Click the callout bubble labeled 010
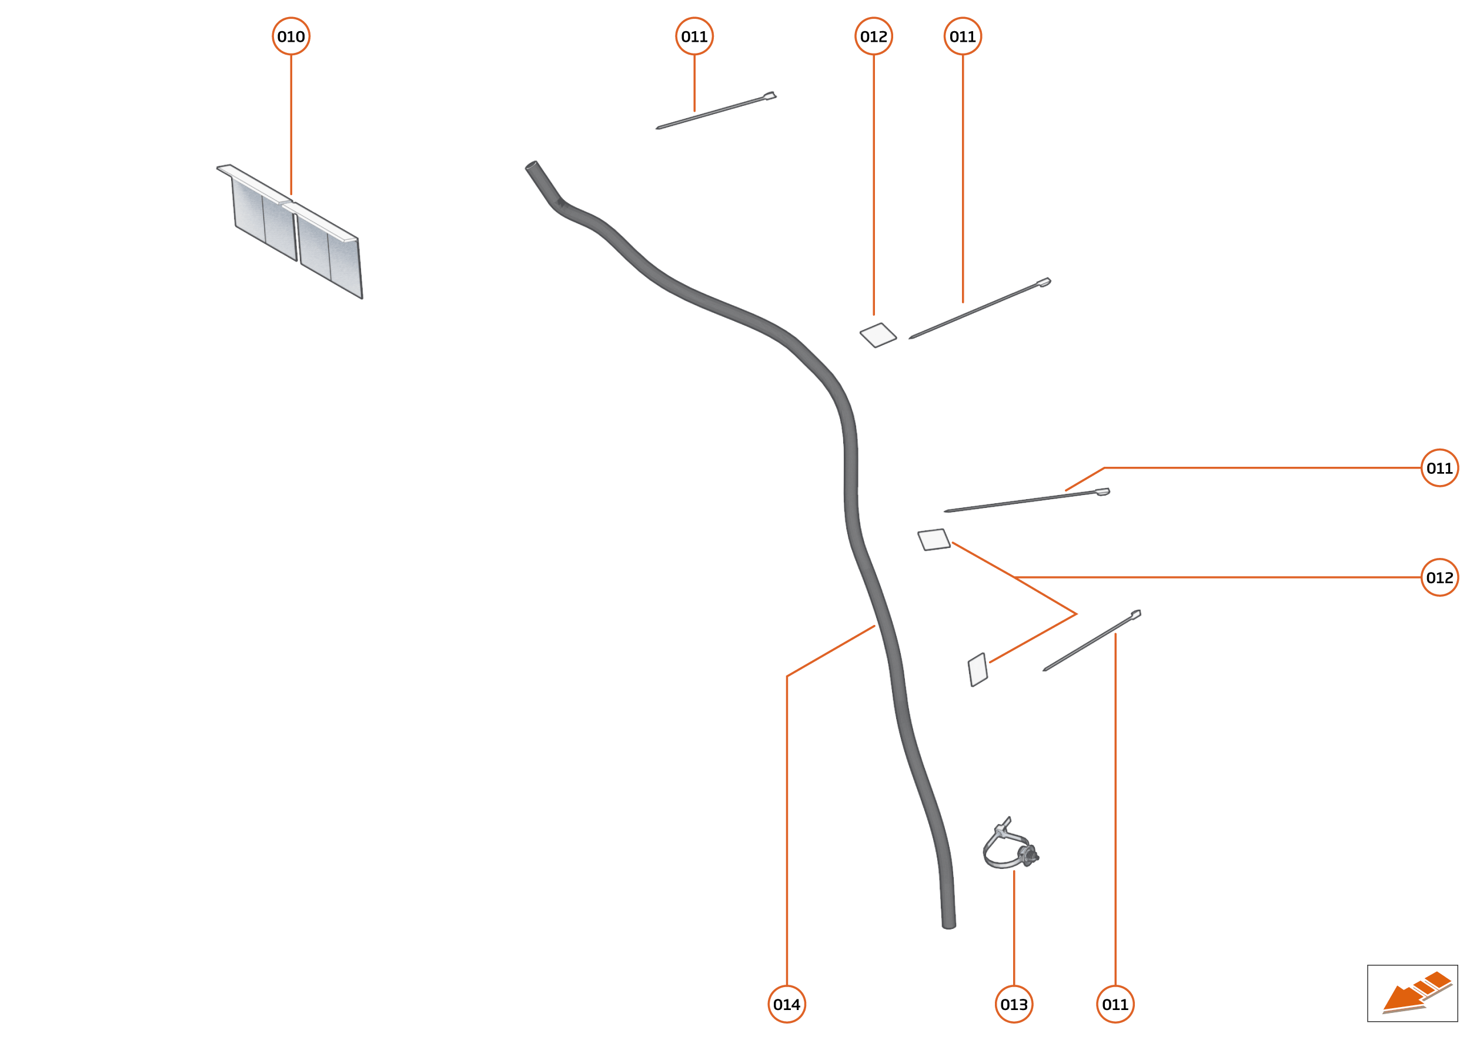(291, 36)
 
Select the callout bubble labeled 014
(787, 1004)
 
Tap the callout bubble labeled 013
(1014, 1004)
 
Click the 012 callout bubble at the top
(874, 36)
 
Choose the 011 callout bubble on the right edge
(1440, 467)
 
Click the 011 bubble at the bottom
(1115, 1004)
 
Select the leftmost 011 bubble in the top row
(694, 36)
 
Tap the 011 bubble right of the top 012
(963, 36)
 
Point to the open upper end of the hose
(532, 166)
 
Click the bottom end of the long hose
(948, 924)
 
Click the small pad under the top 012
(878, 335)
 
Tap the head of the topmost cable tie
(770, 96)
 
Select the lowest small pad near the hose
(978, 670)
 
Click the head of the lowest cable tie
(1135, 614)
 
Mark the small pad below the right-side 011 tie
(934, 539)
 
